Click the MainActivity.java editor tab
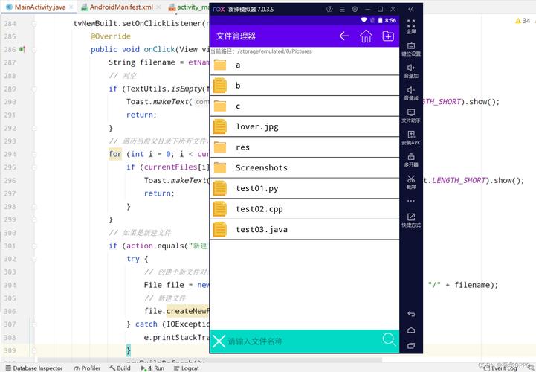tap(40, 7)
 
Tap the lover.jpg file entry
tap(256, 126)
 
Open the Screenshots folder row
tap(261, 167)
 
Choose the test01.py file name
tap(256, 188)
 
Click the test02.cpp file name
tap(259, 209)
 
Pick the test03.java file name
tap(261, 229)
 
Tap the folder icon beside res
tap(220, 147)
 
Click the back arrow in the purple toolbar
tap(343, 36)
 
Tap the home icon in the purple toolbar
tap(366, 36)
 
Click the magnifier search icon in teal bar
tap(389, 340)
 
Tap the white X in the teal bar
tap(219, 341)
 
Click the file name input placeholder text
tap(255, 341)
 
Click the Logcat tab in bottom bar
tap(187, 368)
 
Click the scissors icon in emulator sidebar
tap(411, 179)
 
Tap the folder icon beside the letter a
tap(220, 65)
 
